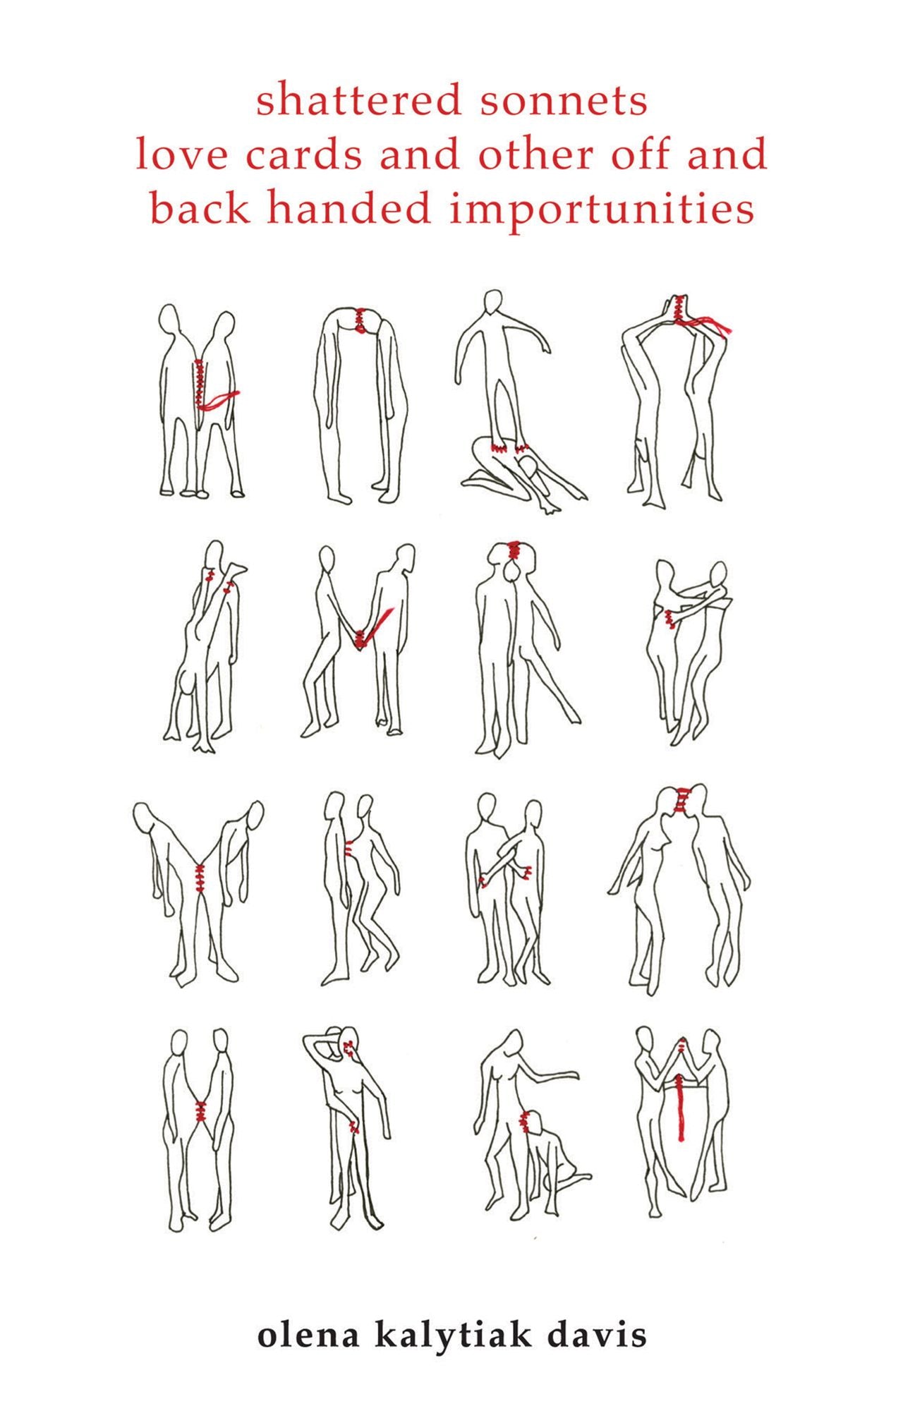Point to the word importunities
pyautogui.click(x=602, y=211)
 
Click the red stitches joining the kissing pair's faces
pyautogui.click(x=681, y=799)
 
